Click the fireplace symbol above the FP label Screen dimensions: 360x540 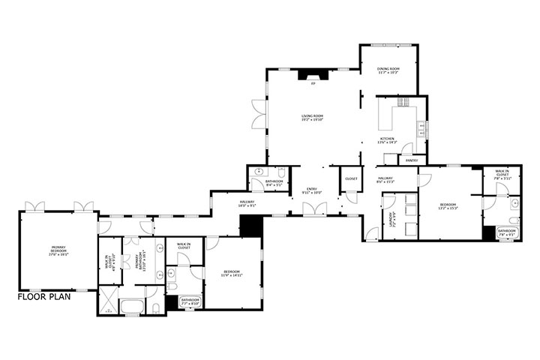[x=309, y=73]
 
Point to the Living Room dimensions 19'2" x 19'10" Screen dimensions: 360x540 [x=312, y=119]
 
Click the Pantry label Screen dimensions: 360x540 [x=411, y=160]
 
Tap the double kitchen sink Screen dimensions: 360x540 [x=423, y=128]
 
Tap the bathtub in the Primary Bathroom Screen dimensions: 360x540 [x=133, y=305]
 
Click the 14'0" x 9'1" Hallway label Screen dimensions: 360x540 [x=247, y=202]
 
